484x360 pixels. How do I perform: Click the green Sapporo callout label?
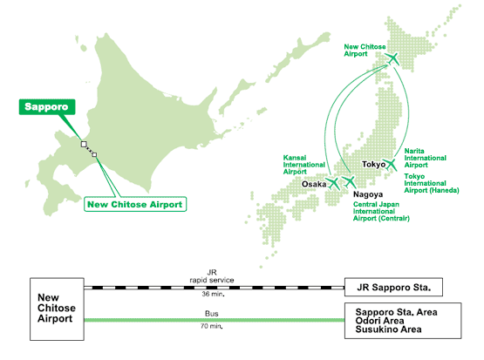[x=47, y=106]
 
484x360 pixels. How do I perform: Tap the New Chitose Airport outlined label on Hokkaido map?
[x=135, y=204]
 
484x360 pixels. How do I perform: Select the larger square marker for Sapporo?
[x=84, y=144]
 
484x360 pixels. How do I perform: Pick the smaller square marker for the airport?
[x=94, y=154]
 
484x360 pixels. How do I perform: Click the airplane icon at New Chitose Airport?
[x=393, y=58]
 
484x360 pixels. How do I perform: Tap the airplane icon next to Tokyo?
[x=391, y=164]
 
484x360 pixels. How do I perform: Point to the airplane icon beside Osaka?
[x=333, y=183]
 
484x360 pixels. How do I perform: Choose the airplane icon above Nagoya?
[x=350, y=181]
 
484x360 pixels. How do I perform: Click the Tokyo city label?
[x=373, y=165]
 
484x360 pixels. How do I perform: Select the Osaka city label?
[x=314, y=184]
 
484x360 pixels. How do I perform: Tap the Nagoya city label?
[x=368, y=194]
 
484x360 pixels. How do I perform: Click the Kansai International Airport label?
[x=304, y=165]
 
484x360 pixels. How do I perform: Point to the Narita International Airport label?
[x=426, y=158]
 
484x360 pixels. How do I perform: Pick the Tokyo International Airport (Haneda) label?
[x=432, y=183]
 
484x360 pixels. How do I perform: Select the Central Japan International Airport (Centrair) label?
[x=381, y=211]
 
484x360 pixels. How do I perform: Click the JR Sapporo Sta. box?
[x=393, y=287]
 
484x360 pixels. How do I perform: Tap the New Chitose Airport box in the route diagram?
[x=57, y=309]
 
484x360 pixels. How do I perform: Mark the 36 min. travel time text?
[x=213, y=294]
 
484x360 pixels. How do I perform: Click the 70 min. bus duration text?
[x=211, y=326]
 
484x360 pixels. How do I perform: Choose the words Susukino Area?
[x=388, y=329]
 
